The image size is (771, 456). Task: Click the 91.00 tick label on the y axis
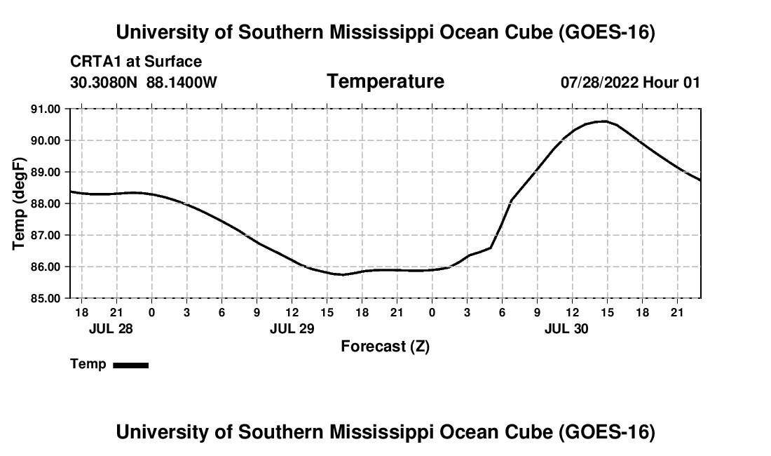coord(46,109)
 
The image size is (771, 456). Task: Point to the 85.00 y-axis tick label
coord(46,298)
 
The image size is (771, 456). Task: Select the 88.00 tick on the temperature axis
coord(46,203)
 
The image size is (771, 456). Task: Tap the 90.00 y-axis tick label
coord(46,141)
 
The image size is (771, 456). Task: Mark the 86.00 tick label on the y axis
coord(46,267)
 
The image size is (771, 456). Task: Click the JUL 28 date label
coord(111,328)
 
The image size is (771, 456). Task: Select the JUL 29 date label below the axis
coord(292,328)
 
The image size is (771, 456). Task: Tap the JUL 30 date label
coord(566,328)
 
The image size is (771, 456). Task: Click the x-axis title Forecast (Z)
coord(385,347)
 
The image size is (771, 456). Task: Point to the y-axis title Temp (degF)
coord(19,203)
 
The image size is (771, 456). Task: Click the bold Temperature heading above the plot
coord(385,81)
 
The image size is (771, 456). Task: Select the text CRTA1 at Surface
coord(136,62)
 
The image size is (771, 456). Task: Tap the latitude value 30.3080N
coord(103,82)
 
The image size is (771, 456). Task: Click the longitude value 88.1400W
coord(182,82)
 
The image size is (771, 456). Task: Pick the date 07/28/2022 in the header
coord(599,82)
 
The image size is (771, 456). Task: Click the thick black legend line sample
coord(131,365)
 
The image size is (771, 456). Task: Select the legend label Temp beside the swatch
coord(88,364)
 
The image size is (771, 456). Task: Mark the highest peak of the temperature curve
coord(603,121)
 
